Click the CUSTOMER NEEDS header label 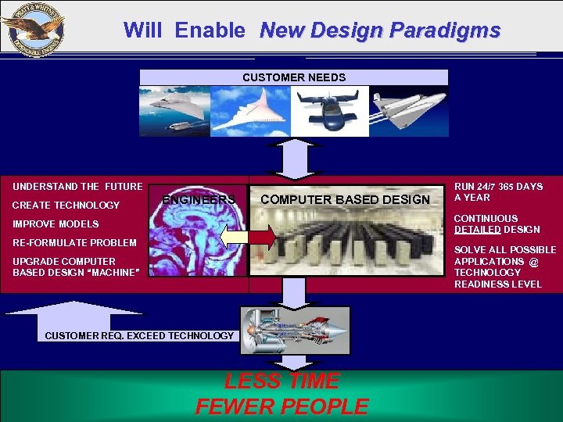pos(294,77)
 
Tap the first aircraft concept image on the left pos(174,111)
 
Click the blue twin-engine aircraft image pos(329,111)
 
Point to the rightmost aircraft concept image pos(409,111)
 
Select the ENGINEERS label pos(199,200)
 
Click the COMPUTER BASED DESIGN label pos(345,200)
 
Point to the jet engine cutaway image pos(294,329)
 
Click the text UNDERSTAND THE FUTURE pos(77,187)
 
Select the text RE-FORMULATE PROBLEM pos(74,243)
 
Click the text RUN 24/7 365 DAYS pos(498,187)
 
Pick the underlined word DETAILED pos(477,229)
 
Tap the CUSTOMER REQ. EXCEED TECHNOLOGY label pos(139,336)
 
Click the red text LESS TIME pos(282,381)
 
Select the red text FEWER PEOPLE pos(282,407)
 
